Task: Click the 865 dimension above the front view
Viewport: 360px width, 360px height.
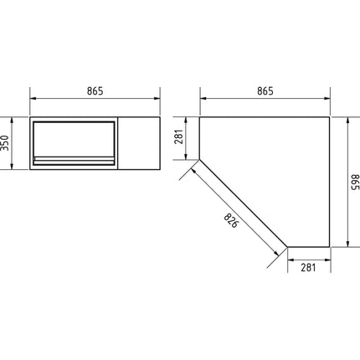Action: point(94,92)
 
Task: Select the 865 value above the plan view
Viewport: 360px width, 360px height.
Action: point(265,92)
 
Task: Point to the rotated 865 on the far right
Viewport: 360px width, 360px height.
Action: point(352,182)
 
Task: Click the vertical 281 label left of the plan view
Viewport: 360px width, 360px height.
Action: point(177,136)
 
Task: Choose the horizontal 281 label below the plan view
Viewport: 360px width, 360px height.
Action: point(309,268)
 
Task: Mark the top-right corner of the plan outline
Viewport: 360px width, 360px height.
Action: point(331,117)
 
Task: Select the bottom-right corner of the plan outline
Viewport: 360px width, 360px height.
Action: point(331,247)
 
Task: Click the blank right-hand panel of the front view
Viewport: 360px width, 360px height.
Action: point(138,143)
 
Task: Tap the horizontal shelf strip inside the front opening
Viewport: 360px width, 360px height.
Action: point(74,159)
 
